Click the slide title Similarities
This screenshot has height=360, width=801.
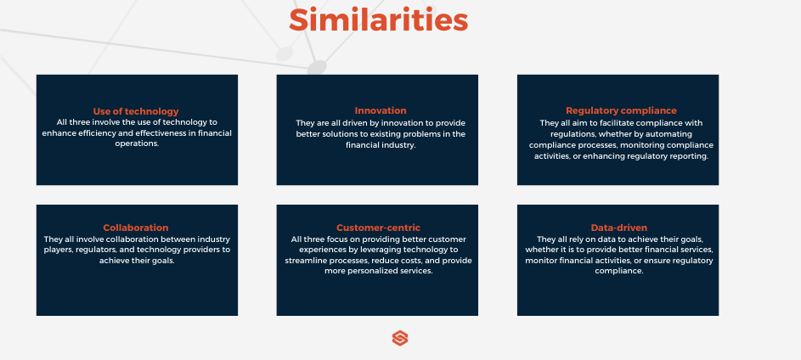[x=378, y=19]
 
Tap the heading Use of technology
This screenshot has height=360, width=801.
[x=136, y=111]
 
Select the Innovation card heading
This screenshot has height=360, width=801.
[x=381, y=110]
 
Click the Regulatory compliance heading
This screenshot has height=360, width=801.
[x=621, y=110]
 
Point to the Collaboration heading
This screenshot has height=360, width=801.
[x=136, y=228]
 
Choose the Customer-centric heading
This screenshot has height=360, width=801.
[x=378, y=228]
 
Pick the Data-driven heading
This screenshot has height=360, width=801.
[x=619, y=228]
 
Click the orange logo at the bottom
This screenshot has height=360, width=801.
[x=400, y=339]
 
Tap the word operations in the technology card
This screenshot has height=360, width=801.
[x=137, y=144]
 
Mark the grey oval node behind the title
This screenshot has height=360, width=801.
[x=316, y=66]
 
